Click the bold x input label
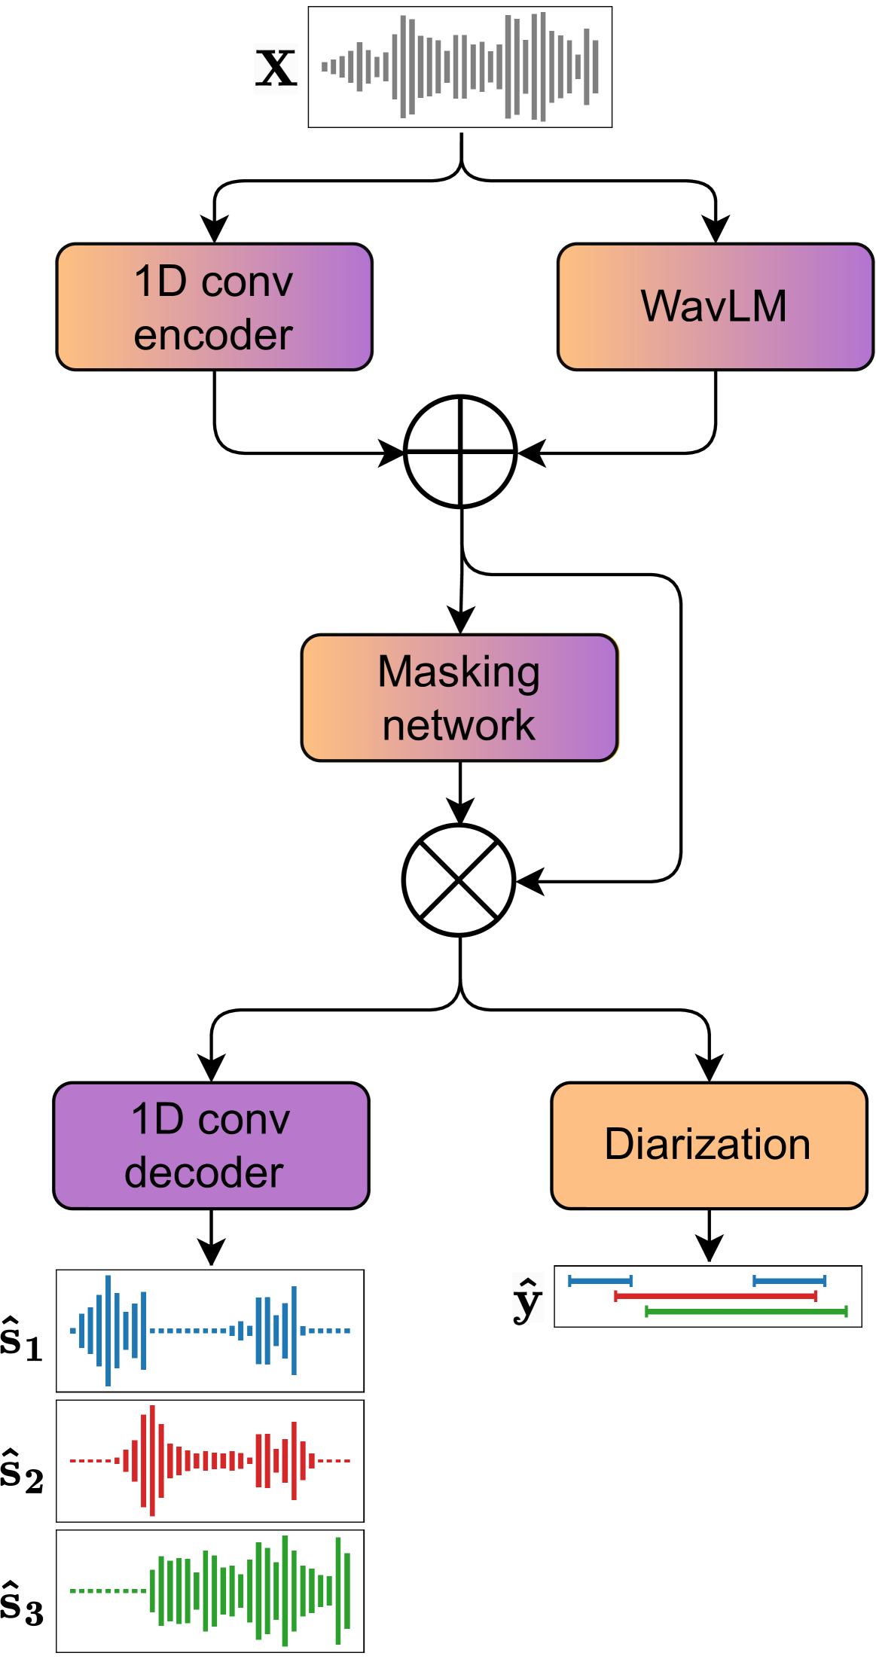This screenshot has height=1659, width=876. [x=276, y=69]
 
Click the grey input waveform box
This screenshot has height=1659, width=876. [x=459, y=67]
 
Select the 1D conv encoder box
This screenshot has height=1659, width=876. [x=214, y=306]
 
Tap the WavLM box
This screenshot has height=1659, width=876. [x=714, y=306]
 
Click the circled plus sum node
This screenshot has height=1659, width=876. [x=460, y=451]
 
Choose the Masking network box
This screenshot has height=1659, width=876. [x=459, y=697]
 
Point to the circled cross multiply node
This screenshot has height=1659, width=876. [x=459, y=880]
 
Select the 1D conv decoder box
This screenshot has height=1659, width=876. [x=211, y=1145]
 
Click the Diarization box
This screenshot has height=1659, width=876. [x=709, y=1145]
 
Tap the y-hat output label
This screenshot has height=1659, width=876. [x=527, y=1299]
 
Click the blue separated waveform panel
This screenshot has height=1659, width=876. [x=210, y=1331]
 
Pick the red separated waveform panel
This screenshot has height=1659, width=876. [x=210, y=1461]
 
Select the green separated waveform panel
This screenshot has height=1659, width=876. [x=210, y=1591]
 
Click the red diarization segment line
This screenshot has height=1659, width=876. [x=715, y=1296]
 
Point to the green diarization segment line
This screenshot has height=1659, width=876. [x=746, y=1312]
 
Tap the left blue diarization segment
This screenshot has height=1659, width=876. [x=600, y=1280]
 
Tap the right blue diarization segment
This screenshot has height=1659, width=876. [x=789, y=1280]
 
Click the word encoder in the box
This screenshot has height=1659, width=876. [x=213, y=334]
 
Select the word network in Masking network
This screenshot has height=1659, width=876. [x=459, y=724]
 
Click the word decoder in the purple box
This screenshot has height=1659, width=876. [x=204, y=1173]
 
